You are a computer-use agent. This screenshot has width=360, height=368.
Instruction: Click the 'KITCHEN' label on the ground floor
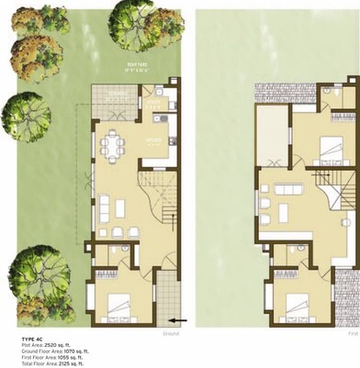(x=153, y=140)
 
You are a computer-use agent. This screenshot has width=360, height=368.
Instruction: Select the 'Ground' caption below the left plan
(x=171, y=335)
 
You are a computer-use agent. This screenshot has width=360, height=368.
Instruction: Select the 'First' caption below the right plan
(x=353, y=335)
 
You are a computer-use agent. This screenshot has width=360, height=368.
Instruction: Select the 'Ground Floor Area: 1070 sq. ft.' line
(x=54, y=352)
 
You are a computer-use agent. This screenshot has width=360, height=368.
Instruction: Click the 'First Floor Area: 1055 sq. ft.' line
(x=51, y=358)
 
